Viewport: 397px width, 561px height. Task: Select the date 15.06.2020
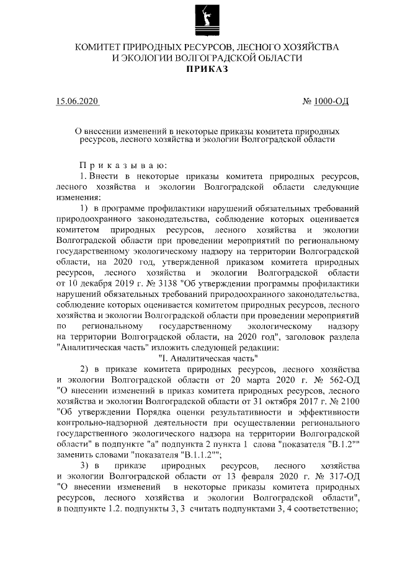pyautogui.click(x=76, y=100)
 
